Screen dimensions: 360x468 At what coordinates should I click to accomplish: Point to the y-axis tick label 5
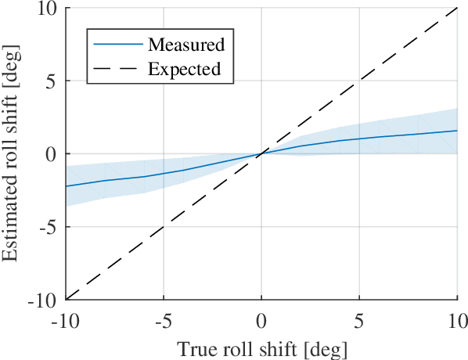52,81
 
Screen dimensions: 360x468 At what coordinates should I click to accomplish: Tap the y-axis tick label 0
52,154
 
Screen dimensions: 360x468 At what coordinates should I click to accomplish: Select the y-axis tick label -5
49,227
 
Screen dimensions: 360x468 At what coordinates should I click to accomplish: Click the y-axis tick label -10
45,300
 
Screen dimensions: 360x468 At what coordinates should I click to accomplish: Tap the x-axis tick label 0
261,322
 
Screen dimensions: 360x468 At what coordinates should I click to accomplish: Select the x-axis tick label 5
359,322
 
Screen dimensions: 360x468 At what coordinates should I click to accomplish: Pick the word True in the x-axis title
193,347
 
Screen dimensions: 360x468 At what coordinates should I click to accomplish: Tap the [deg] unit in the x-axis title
326,347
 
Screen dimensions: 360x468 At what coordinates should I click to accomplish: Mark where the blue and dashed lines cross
261,153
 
